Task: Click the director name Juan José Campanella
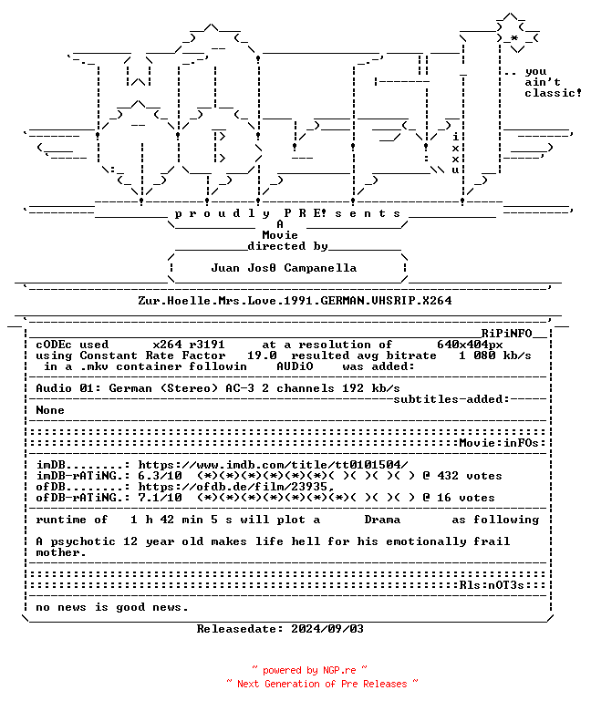tap(284, 268)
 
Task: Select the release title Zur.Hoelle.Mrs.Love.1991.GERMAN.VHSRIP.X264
tap(295, 301)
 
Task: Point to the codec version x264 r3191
tap(189, 345)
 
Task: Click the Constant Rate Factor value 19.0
tap(262, 355)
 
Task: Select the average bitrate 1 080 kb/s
tap(495, 355)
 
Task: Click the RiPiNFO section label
tap(506, 334)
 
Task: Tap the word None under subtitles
tap(50, 410)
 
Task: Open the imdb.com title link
tap(273, 465)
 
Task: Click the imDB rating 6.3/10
tap(160, 476)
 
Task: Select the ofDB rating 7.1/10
tap(160, 498)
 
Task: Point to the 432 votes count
tap(470, 476)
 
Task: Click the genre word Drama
tap(382, 520)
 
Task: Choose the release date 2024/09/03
tap(327, 629)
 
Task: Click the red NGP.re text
tap(339, 670)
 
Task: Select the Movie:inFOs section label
tap(499, 443)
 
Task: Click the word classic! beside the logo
tap(553, 93)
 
